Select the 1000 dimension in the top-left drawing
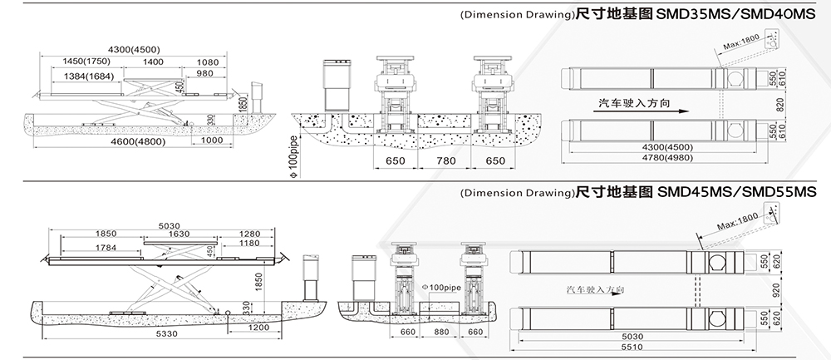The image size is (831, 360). [214, 142]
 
